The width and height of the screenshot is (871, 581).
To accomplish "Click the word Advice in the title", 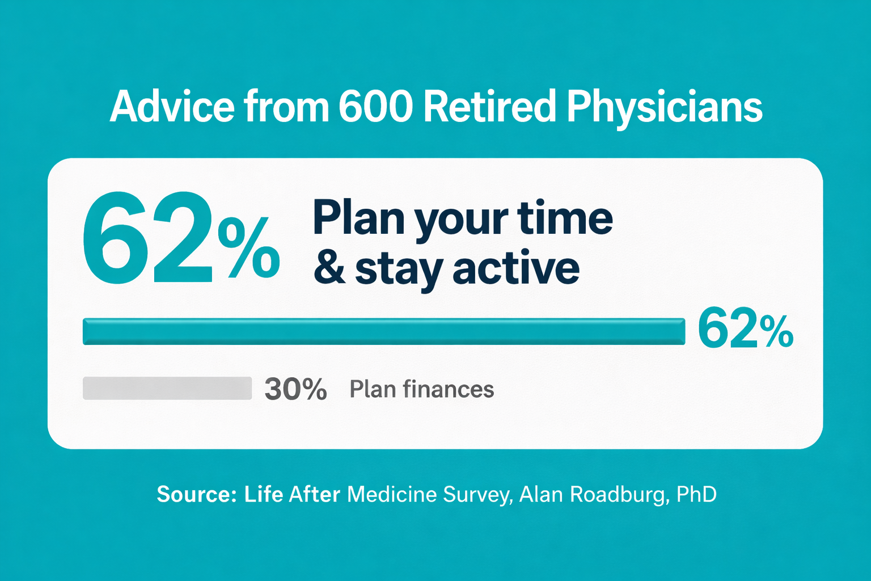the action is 172,106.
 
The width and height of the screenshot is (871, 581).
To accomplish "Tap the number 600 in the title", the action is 375,106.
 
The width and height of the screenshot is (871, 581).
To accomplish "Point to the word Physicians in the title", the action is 665,108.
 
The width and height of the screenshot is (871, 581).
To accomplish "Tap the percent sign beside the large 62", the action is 249,247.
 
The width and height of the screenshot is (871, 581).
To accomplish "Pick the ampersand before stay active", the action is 329,268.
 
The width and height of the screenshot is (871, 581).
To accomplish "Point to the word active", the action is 516,268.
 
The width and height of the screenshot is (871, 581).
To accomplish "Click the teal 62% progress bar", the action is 384,331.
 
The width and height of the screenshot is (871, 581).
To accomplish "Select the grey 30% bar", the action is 167,388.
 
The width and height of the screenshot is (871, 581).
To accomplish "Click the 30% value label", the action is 295,389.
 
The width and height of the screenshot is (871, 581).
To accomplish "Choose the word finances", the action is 449,389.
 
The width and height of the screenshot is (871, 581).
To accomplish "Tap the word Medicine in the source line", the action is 392,494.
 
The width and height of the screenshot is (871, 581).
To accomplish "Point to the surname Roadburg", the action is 620,495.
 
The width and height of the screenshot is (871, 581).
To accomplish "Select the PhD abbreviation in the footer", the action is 696,494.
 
